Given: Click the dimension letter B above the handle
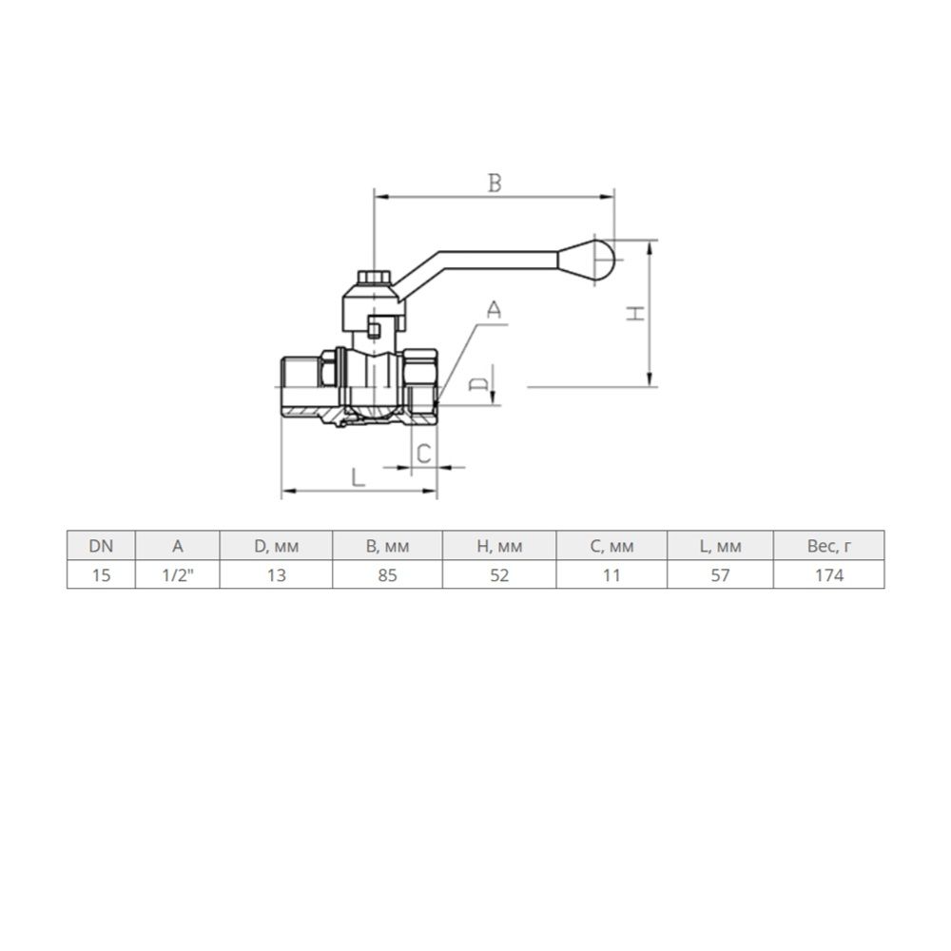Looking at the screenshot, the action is coord(495,183).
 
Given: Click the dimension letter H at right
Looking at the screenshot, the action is coord(635,313).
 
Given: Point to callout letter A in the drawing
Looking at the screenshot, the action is coord(495,310).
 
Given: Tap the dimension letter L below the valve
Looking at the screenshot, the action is coord(359,478).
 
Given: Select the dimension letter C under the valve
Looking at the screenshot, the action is coord(424,454).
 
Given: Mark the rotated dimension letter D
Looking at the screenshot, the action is coord(478,383).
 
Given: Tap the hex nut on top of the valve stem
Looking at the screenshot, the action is coord(375,278).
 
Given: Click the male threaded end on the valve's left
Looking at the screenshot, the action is coord(301,386).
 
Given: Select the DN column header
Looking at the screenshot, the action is coord(101,546).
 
